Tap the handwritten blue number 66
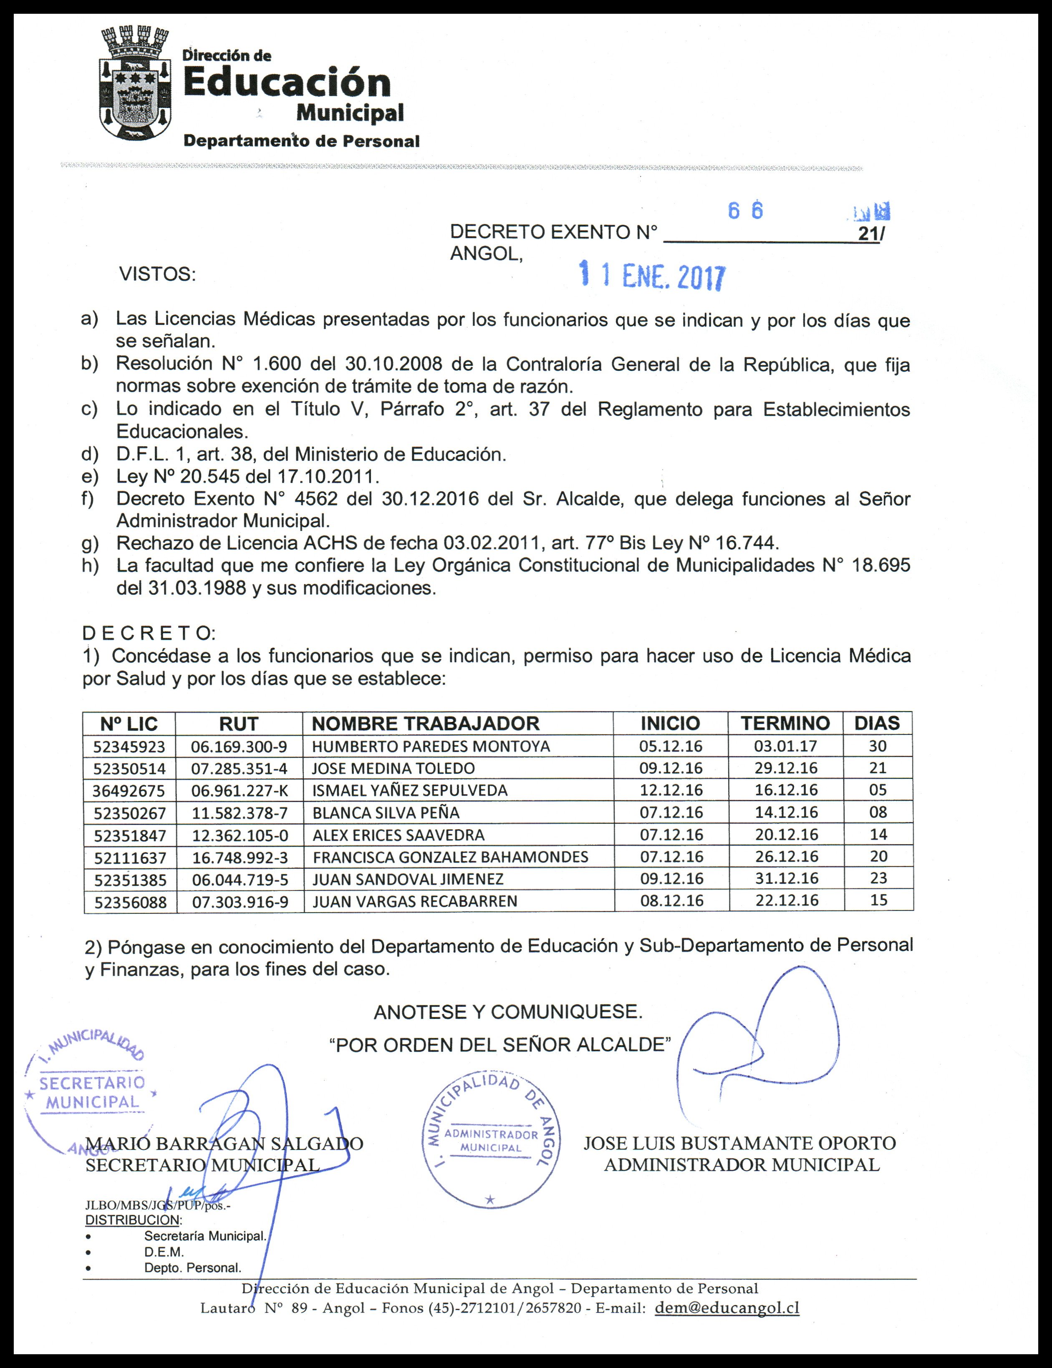(745, 211)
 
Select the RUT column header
(239, 724)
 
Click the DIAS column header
(877, 724)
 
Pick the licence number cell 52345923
(130, 747)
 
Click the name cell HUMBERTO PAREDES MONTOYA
(431, 747)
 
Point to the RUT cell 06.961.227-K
(240, 790)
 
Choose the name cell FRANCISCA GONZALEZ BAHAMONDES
(450, 857)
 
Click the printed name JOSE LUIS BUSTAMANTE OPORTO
(739, 1143)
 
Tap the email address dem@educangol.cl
(727, 1308)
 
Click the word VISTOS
(157, 274)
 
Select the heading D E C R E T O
(149, 633)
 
